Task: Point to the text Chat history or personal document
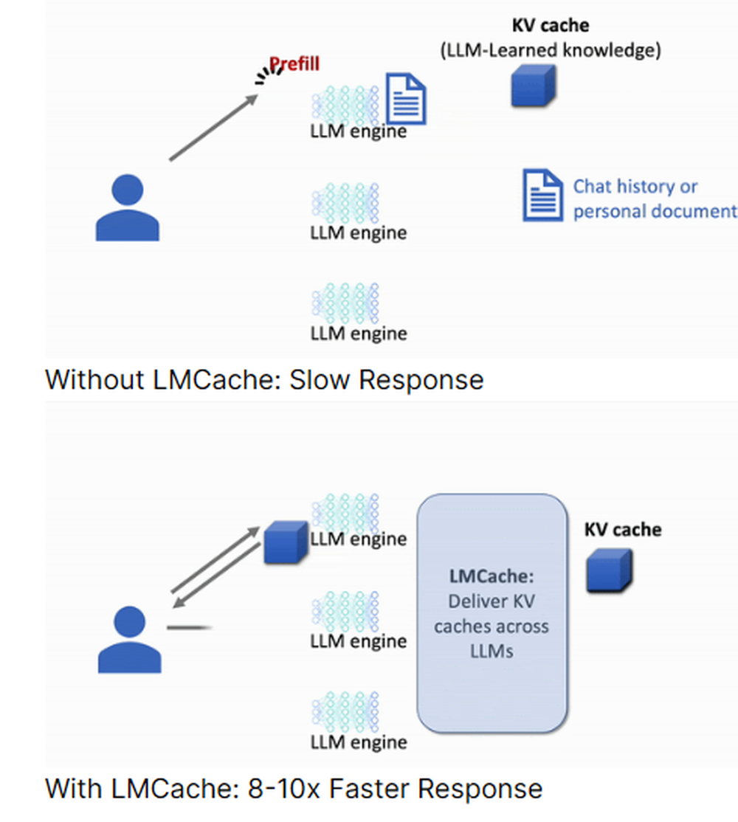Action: coord(654,198)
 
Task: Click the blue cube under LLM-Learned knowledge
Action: coord(534,86)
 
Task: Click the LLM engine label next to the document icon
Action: coord(358,132)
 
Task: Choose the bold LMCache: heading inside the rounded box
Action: coord(491,576)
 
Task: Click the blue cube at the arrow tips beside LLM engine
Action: coord(285,542)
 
